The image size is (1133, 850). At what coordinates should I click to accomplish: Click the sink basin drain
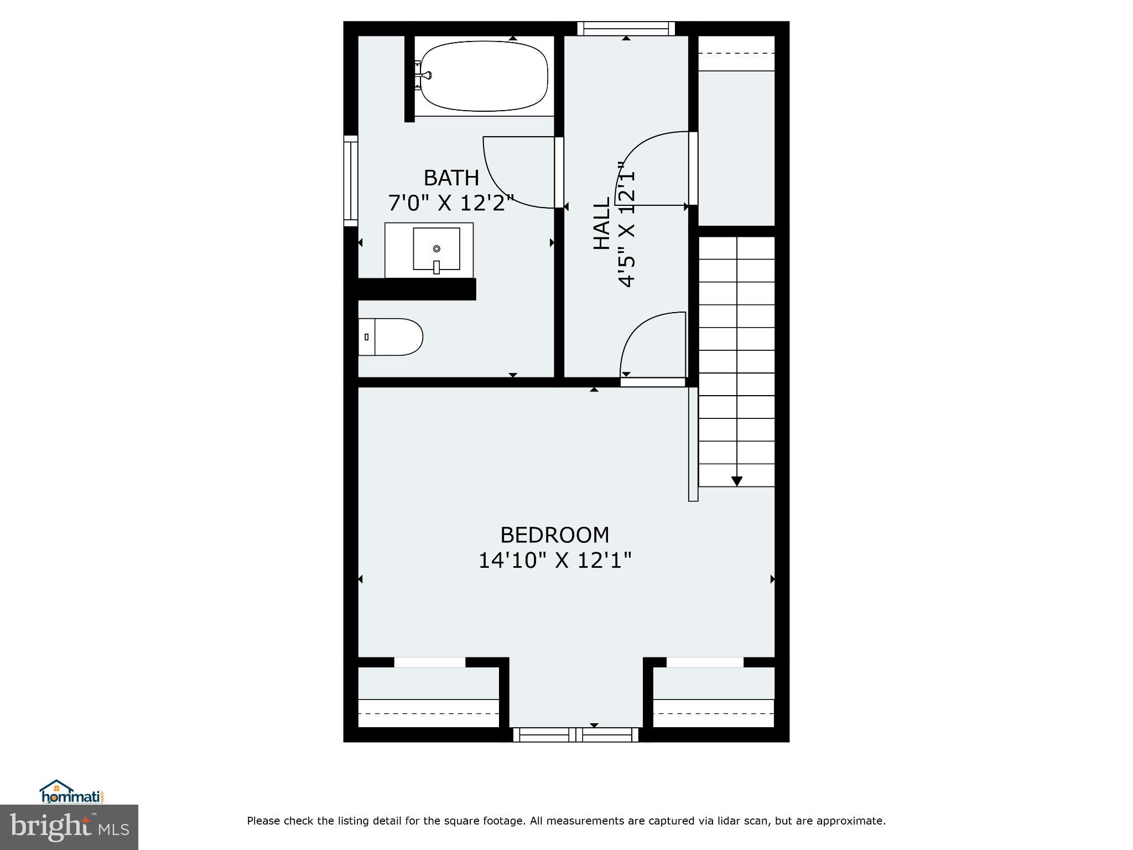(x=436, y=248)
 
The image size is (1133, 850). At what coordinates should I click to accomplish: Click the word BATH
(x=451, y=178)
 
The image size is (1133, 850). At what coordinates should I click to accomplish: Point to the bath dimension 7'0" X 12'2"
(x=451, y=203)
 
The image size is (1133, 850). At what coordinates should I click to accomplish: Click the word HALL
(x=601, y=223)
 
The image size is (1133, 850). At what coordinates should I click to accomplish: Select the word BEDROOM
(x=554, y=535)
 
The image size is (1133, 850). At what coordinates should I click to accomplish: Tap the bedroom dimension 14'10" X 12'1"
(x=554, y=561)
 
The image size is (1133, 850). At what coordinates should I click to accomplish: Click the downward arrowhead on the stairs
(x=736, y=481)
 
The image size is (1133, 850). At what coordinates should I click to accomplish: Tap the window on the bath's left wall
(x=351, y=181)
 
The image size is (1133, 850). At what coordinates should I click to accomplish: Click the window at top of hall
(x=626, y=28)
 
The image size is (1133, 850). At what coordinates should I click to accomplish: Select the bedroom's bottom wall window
(x=576, y=734)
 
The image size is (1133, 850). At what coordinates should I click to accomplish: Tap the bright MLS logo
(x=69, y=827)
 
